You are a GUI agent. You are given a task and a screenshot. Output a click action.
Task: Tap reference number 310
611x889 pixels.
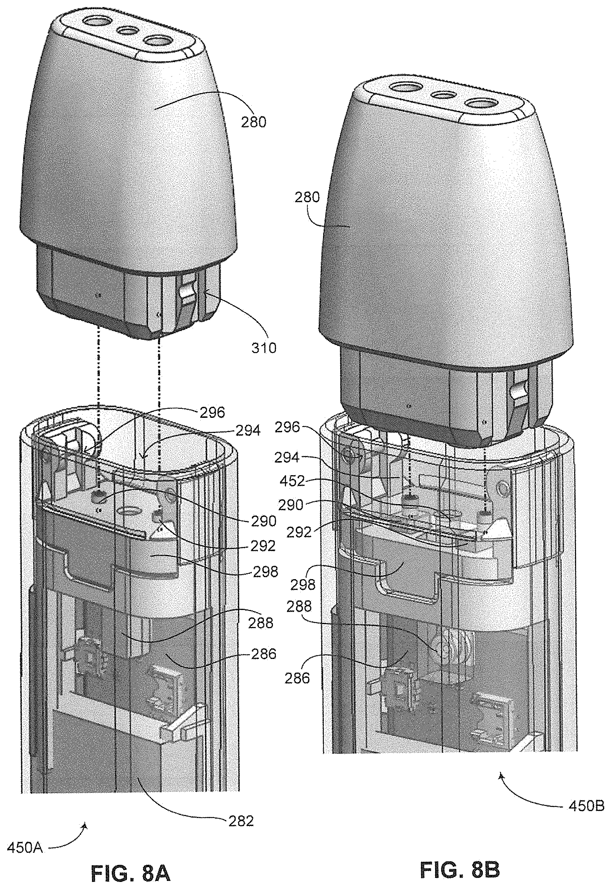(x=264, y=348)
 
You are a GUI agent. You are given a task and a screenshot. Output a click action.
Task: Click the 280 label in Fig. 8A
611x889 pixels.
(x=254, y=123)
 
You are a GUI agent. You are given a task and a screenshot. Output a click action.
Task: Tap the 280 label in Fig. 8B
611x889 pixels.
(x=307, y=198)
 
